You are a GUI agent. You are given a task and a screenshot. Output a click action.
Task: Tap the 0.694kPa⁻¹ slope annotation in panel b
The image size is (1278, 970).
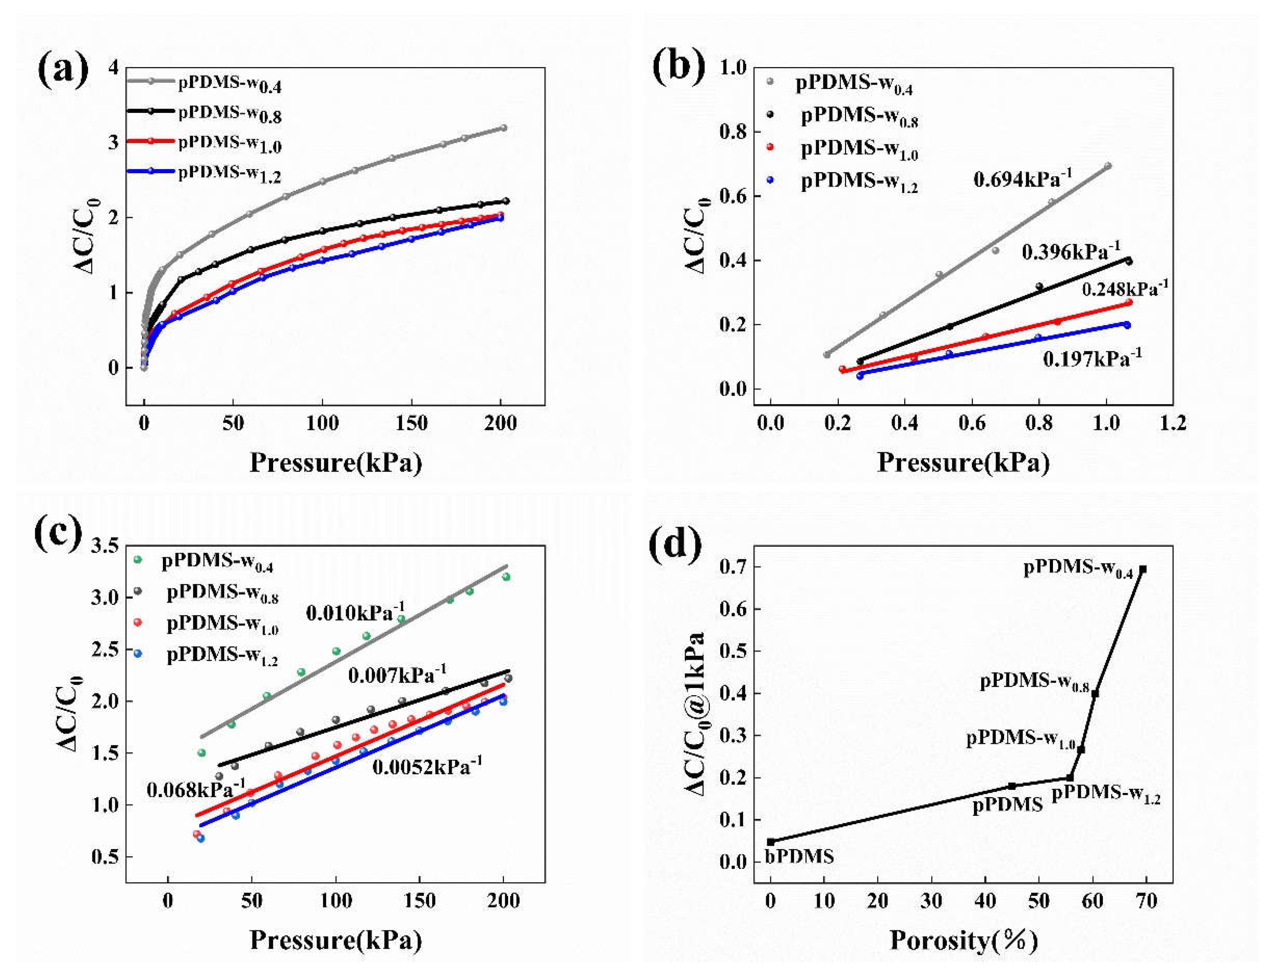tap(1022, 179)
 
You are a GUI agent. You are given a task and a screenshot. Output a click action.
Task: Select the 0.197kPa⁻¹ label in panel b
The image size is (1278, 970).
tap(1091, 358)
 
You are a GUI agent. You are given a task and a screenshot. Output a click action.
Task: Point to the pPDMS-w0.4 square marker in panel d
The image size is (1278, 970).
tap(1142, 569)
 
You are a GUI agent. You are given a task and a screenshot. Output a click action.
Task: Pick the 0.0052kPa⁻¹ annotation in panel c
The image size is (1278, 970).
tap(427, 767)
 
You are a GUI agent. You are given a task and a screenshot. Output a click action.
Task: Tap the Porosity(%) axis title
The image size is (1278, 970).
tap(963, 940)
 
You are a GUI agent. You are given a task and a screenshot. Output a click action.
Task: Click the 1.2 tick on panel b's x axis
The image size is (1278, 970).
tap(1172, 423)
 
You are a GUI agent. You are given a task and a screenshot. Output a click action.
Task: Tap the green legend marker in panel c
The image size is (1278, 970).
tap(137, 559)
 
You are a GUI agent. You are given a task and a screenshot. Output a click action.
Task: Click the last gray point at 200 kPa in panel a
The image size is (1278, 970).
tap(503, 128)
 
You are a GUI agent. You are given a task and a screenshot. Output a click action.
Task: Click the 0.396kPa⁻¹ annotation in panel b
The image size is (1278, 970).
tap(1070, 251)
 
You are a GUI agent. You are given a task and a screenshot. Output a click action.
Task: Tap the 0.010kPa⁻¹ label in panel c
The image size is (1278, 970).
tap(355, 612)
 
